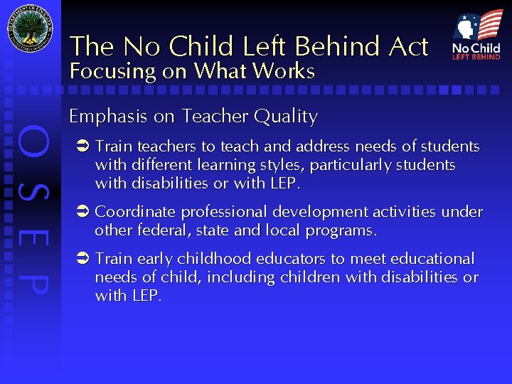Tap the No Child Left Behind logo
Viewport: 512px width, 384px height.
click(x=476, y=35)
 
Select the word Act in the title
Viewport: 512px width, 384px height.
click(x=408, y=47)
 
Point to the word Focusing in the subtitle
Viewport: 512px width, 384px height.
click(x=112, y=71)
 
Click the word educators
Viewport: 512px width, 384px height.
click(x=273, y=258)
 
